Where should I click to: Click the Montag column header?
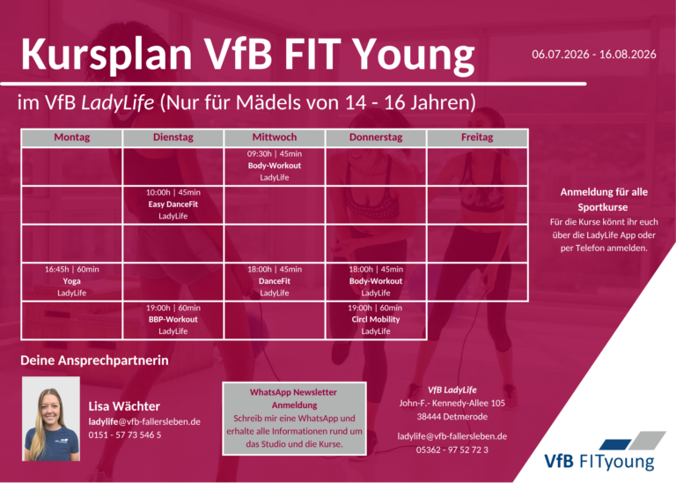(x=71, y=137)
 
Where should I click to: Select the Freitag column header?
(x=477, y=137)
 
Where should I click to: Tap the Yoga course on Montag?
(x=71, y=281)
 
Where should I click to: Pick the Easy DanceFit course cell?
(x=173, y=204)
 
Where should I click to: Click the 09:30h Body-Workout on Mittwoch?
(x=275, y=166)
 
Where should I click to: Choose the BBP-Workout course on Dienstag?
(x=173, y=319)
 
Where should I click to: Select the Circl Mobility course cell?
(x=376, y=319)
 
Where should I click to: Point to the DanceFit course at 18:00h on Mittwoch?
(x=275, y=281)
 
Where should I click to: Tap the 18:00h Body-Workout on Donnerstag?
(x=376, y=281)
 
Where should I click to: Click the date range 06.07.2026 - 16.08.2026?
(x=593, y=55)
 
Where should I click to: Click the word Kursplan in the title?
(x=107, y=54)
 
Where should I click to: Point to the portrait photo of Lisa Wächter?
(x=51, y=419)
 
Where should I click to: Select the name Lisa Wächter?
(x=124, y=406)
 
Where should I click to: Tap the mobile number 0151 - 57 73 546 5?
(x=125, y=435)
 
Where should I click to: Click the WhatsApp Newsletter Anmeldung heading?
(x=294, y=398)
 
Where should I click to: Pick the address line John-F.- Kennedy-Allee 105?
(x=452, y=403)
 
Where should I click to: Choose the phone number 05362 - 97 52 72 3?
(x=452, y=450)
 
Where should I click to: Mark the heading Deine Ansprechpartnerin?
(x=94, y=360)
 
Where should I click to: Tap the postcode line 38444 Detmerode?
(x=452, y=417)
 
